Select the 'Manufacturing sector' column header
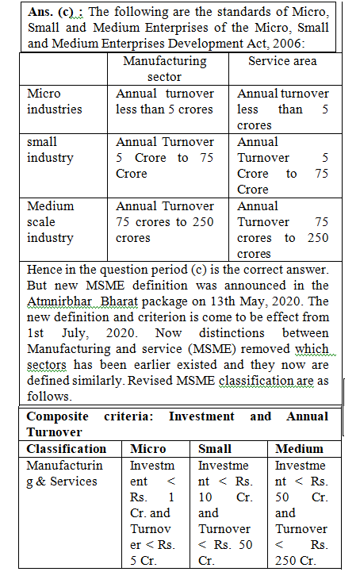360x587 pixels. click(x=165, y=69)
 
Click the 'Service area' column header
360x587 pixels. click(x=282, y=61)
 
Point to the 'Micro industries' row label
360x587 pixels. click(x=54, y=102)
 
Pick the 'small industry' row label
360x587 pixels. click(x=50, y=150)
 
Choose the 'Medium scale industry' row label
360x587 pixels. click(x=50, y=222)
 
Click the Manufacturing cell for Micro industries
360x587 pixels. click(x=165, y=102)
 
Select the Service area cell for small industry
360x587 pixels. click(x=282, y=166)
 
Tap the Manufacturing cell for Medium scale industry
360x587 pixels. click(x=165, y=222)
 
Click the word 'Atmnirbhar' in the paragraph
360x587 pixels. click(x=59, y=301)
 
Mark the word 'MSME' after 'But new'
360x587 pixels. click(x=105, y=286)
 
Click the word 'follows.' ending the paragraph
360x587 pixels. click(x=49, y=397)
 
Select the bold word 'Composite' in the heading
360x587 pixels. click(x=57, y=416)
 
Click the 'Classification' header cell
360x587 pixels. click(x=67, y=449)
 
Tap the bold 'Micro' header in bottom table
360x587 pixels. click(x=147, y=449)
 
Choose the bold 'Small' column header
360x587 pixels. click(x=215, y=449)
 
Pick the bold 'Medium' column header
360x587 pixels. click(x=299, y=449)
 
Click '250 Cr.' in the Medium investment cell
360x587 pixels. click(x=296, y=561)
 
